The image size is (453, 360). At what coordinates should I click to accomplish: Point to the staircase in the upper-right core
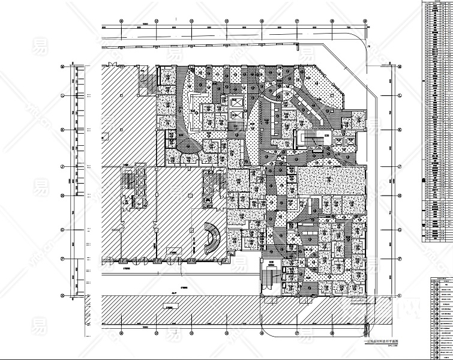pos(314,139)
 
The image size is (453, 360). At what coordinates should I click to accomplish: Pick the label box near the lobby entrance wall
pos(173,253)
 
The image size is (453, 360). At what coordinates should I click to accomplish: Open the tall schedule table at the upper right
pos(439,120)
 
